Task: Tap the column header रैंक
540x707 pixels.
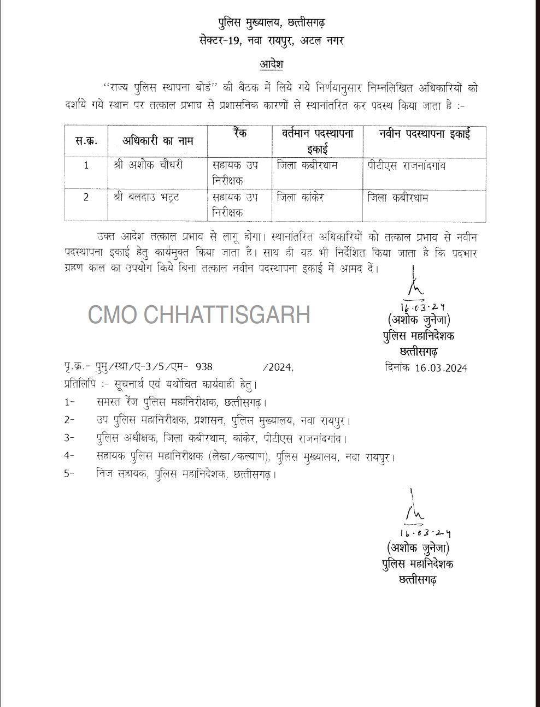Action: pos(239,133)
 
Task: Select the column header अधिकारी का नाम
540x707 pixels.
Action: pos(157,141)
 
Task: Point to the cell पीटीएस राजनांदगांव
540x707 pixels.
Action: pos(407,164)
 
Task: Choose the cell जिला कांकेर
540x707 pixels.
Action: pos(301,197)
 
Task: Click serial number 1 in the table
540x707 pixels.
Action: pos(86,164)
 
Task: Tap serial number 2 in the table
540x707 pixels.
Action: pos(86,197)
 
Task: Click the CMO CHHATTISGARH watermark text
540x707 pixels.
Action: pos(199,315)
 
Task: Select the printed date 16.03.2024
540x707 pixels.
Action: pos(441,368)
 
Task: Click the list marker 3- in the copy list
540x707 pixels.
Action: pos(69,438)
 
